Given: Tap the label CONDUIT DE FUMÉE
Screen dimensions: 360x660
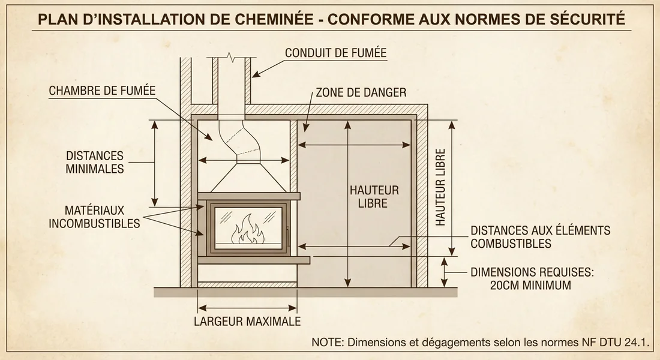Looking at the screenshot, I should pos(335,53).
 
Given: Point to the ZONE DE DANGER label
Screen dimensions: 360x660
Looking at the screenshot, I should pos(361,93).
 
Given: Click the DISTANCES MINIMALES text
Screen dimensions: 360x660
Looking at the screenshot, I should pos(95,162).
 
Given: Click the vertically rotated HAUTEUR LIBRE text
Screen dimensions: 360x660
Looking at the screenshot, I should pos(441,188).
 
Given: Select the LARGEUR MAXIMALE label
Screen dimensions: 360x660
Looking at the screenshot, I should pos(247,321).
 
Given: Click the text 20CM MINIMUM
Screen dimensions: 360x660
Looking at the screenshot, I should pos(530,286).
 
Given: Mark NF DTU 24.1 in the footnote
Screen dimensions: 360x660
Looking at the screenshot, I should pos(619,343).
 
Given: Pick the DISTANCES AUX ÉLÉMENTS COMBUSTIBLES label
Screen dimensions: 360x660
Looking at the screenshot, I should pos(540,237).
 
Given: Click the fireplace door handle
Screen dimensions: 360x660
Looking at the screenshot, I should pos(287,236).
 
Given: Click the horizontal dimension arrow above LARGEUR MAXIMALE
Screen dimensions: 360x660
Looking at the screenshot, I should pos(247,304).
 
